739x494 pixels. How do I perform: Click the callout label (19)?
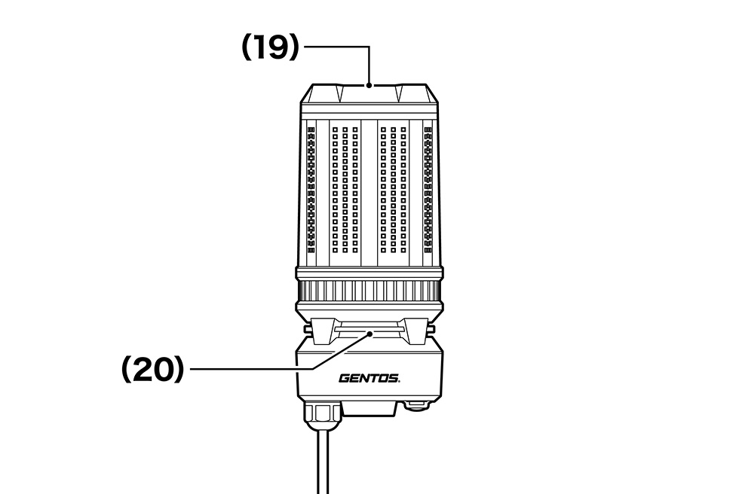270,48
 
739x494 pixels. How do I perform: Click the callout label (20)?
152,369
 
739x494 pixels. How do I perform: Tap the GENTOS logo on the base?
369,378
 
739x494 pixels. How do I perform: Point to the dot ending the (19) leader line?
368,85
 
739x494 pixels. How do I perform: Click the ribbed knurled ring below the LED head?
369,291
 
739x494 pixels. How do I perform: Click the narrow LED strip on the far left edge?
311,188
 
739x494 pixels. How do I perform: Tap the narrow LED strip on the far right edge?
428,188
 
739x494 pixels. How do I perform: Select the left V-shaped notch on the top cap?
339,94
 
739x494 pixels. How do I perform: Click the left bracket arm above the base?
326,331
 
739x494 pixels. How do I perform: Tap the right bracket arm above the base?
413,331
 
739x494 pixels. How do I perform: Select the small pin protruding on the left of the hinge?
307,329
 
